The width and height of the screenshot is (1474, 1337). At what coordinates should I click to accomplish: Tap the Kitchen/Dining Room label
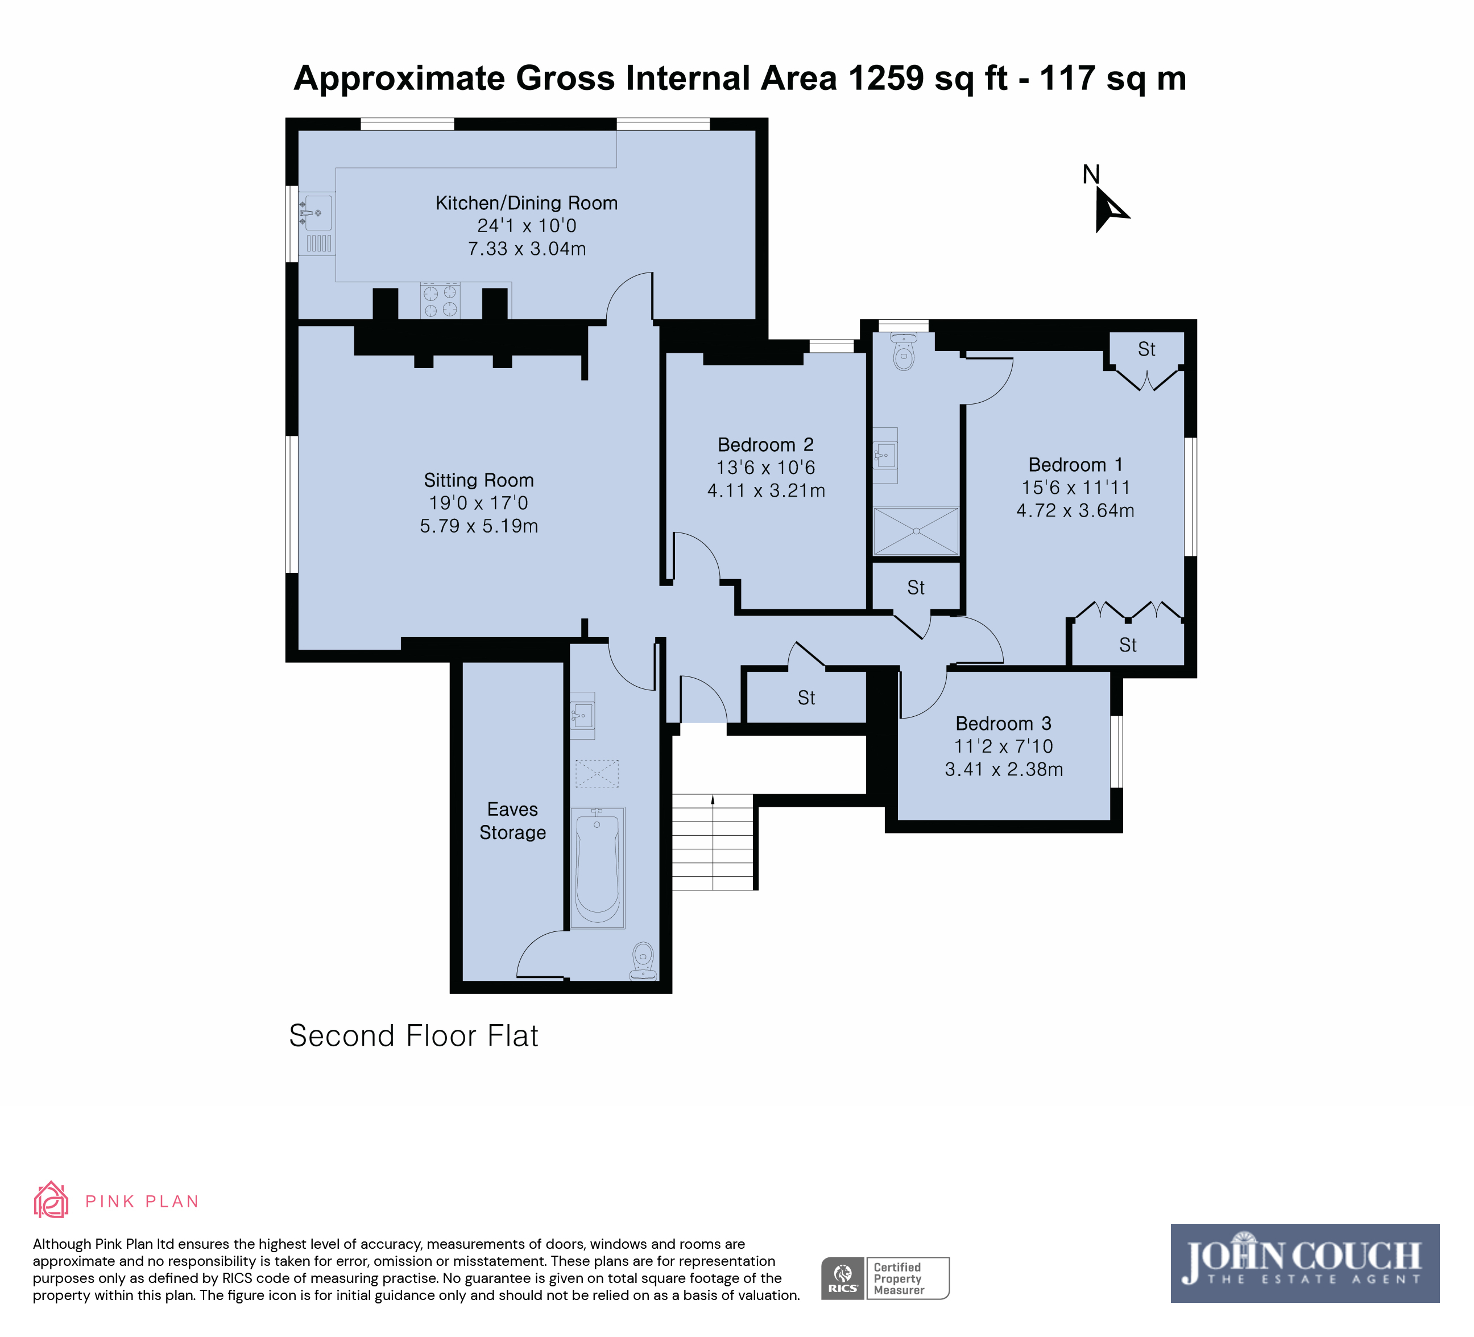(527, 203)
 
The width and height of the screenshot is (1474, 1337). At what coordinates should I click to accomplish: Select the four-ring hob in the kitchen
(440, 300)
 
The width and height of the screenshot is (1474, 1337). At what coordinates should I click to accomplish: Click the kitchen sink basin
(318, 213)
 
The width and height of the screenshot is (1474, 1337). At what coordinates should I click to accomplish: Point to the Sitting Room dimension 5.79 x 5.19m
(479, 526)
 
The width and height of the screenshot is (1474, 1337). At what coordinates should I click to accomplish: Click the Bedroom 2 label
(765, 445)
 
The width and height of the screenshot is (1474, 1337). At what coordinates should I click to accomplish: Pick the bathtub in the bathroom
(597, 868)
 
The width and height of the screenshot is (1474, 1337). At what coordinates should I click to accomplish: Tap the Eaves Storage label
(512, 820)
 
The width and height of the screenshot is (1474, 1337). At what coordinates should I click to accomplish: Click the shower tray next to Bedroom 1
(916, 531)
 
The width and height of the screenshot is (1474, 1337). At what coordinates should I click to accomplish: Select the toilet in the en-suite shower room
(904, 352)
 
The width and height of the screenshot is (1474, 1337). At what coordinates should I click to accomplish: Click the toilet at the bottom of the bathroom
(643, 961)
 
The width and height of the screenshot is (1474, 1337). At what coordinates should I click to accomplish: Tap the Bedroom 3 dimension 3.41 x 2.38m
(1004, 769)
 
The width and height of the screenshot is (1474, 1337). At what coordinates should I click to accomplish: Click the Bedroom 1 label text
(1075, 464)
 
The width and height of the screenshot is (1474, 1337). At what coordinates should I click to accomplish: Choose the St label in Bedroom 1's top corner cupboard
(1146, 349)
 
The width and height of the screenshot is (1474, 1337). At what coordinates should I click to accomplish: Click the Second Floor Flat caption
(414, 1035)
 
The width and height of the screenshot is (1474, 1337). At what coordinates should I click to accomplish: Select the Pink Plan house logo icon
(51, 1199)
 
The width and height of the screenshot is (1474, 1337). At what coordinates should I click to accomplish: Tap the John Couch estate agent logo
(1305, 1263)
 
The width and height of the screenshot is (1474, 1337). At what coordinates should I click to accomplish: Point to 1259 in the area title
(886, 79)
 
